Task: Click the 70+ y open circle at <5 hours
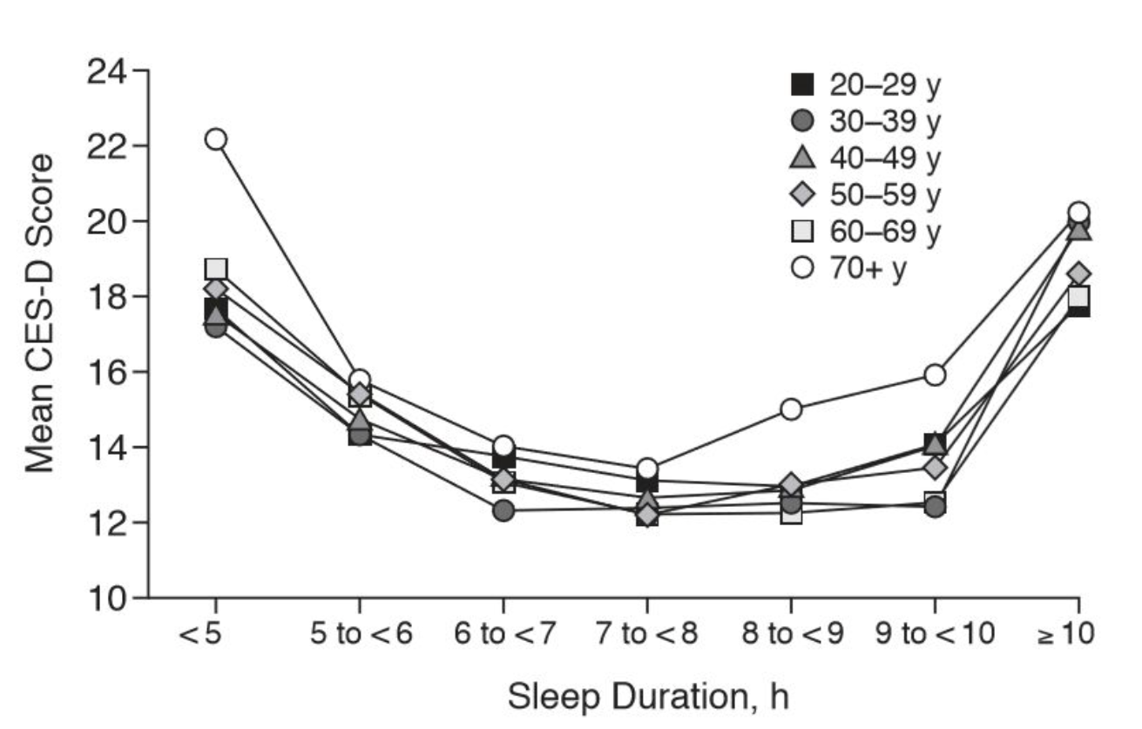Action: (x=215, y=139)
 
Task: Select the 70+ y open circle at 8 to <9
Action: (x=791, y=409)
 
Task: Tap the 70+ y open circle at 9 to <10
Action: (x=936, y=375)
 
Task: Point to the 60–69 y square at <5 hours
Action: (x=216, y=268)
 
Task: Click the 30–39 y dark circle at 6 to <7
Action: (x=503, y=510)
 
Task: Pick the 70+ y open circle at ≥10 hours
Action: (x=1078, y=213)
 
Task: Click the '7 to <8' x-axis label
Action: (x=647, y=634)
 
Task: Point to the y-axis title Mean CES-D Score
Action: (x=41, y=314)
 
